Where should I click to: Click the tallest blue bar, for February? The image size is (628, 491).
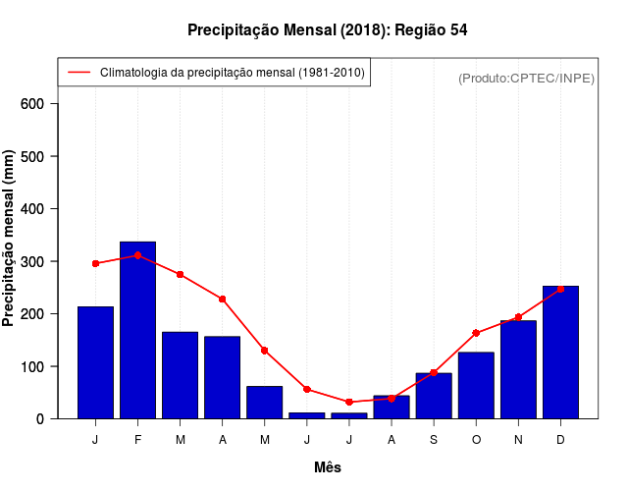(x=137, y=330)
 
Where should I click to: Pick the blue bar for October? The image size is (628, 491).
(x=476, y=385)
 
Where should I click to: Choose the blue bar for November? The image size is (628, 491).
(x=518, y=369)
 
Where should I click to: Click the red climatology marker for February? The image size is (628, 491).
(x=137, y=255)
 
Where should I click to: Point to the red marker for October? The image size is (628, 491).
(x=476, y=333)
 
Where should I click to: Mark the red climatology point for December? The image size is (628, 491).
(x=560, y=289)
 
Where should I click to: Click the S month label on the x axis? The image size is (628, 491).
(x=434, y=440)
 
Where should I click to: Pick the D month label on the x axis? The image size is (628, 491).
(x=560, y=440)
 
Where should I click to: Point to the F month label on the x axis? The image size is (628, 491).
(x=137, y=440)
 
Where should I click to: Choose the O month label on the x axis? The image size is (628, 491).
(x=476, y=440)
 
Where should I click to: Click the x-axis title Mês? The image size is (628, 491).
(x=328, y=467)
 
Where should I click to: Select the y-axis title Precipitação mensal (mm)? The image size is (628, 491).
(x=10, y=239)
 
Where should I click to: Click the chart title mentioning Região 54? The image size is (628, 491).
(x=327, y=30)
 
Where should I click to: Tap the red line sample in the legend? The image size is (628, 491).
(x=78, y=73)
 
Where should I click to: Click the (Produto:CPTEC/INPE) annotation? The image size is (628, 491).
(x=526, y=78)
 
